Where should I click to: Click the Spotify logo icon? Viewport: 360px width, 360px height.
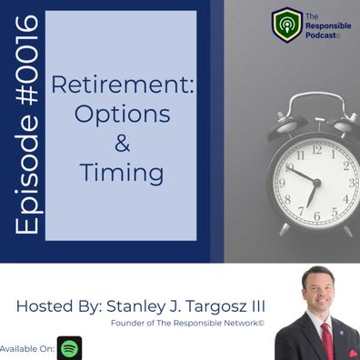70,348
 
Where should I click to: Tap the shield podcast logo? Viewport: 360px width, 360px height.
286,25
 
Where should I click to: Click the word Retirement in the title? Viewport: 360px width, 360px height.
123,85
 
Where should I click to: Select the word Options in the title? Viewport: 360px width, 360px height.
122,115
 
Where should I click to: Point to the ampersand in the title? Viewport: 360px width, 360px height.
122,144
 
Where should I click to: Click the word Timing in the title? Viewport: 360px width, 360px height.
122,173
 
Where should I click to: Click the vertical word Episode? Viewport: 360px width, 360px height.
27,173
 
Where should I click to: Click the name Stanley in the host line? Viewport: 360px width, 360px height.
130,306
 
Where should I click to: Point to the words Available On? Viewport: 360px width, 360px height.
27,348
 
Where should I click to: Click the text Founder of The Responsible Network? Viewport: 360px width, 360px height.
187,323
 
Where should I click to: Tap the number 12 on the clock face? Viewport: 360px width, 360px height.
316,150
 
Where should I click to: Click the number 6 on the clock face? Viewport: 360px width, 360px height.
317,216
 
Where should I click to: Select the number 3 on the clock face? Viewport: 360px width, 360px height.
352,183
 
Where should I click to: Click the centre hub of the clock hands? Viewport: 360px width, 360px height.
316,183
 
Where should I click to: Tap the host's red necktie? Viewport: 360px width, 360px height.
327,341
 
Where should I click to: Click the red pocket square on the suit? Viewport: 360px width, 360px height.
354,354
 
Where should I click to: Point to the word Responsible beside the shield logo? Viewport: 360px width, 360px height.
328,26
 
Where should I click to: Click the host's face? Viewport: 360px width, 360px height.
319,290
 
